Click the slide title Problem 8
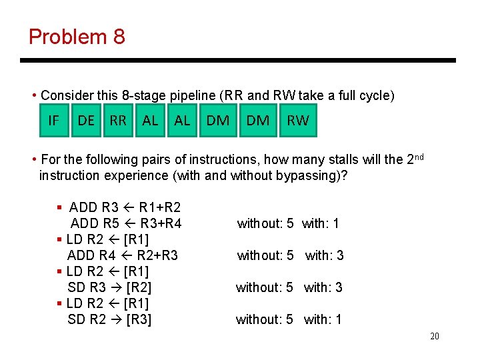pyautogui.click(x=77, y=37)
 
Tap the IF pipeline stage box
pyautogui.click(x=53, y=121)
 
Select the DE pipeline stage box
pyautogui.click(x=86, y=121)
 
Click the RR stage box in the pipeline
pyautogui.click(x=118, y=121)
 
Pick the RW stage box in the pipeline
pyautogui.click(x=297, y=121)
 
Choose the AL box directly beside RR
pyautogui.click(x=151, y=121)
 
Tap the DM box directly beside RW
pyautogui.click(x=258, y=121)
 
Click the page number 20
pyautogui.click(x=434, y=337)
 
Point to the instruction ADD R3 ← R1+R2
pyautogui.click(x=125, y=207)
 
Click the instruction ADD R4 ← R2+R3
pyautogui.click(x=123, y=255)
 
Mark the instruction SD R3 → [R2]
pyautogui.click(x=109, y=287)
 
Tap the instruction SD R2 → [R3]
pyautogui.click(x=109, y=319)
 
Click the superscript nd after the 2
pyautogui.click(x=418, y=157)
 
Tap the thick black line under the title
pyautogui.click(x=238, y=61)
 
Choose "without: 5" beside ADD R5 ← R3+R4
pyautogui.click(x=265, y=223)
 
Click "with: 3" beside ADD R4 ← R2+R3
pyautogui.click(x=325, y=255)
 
